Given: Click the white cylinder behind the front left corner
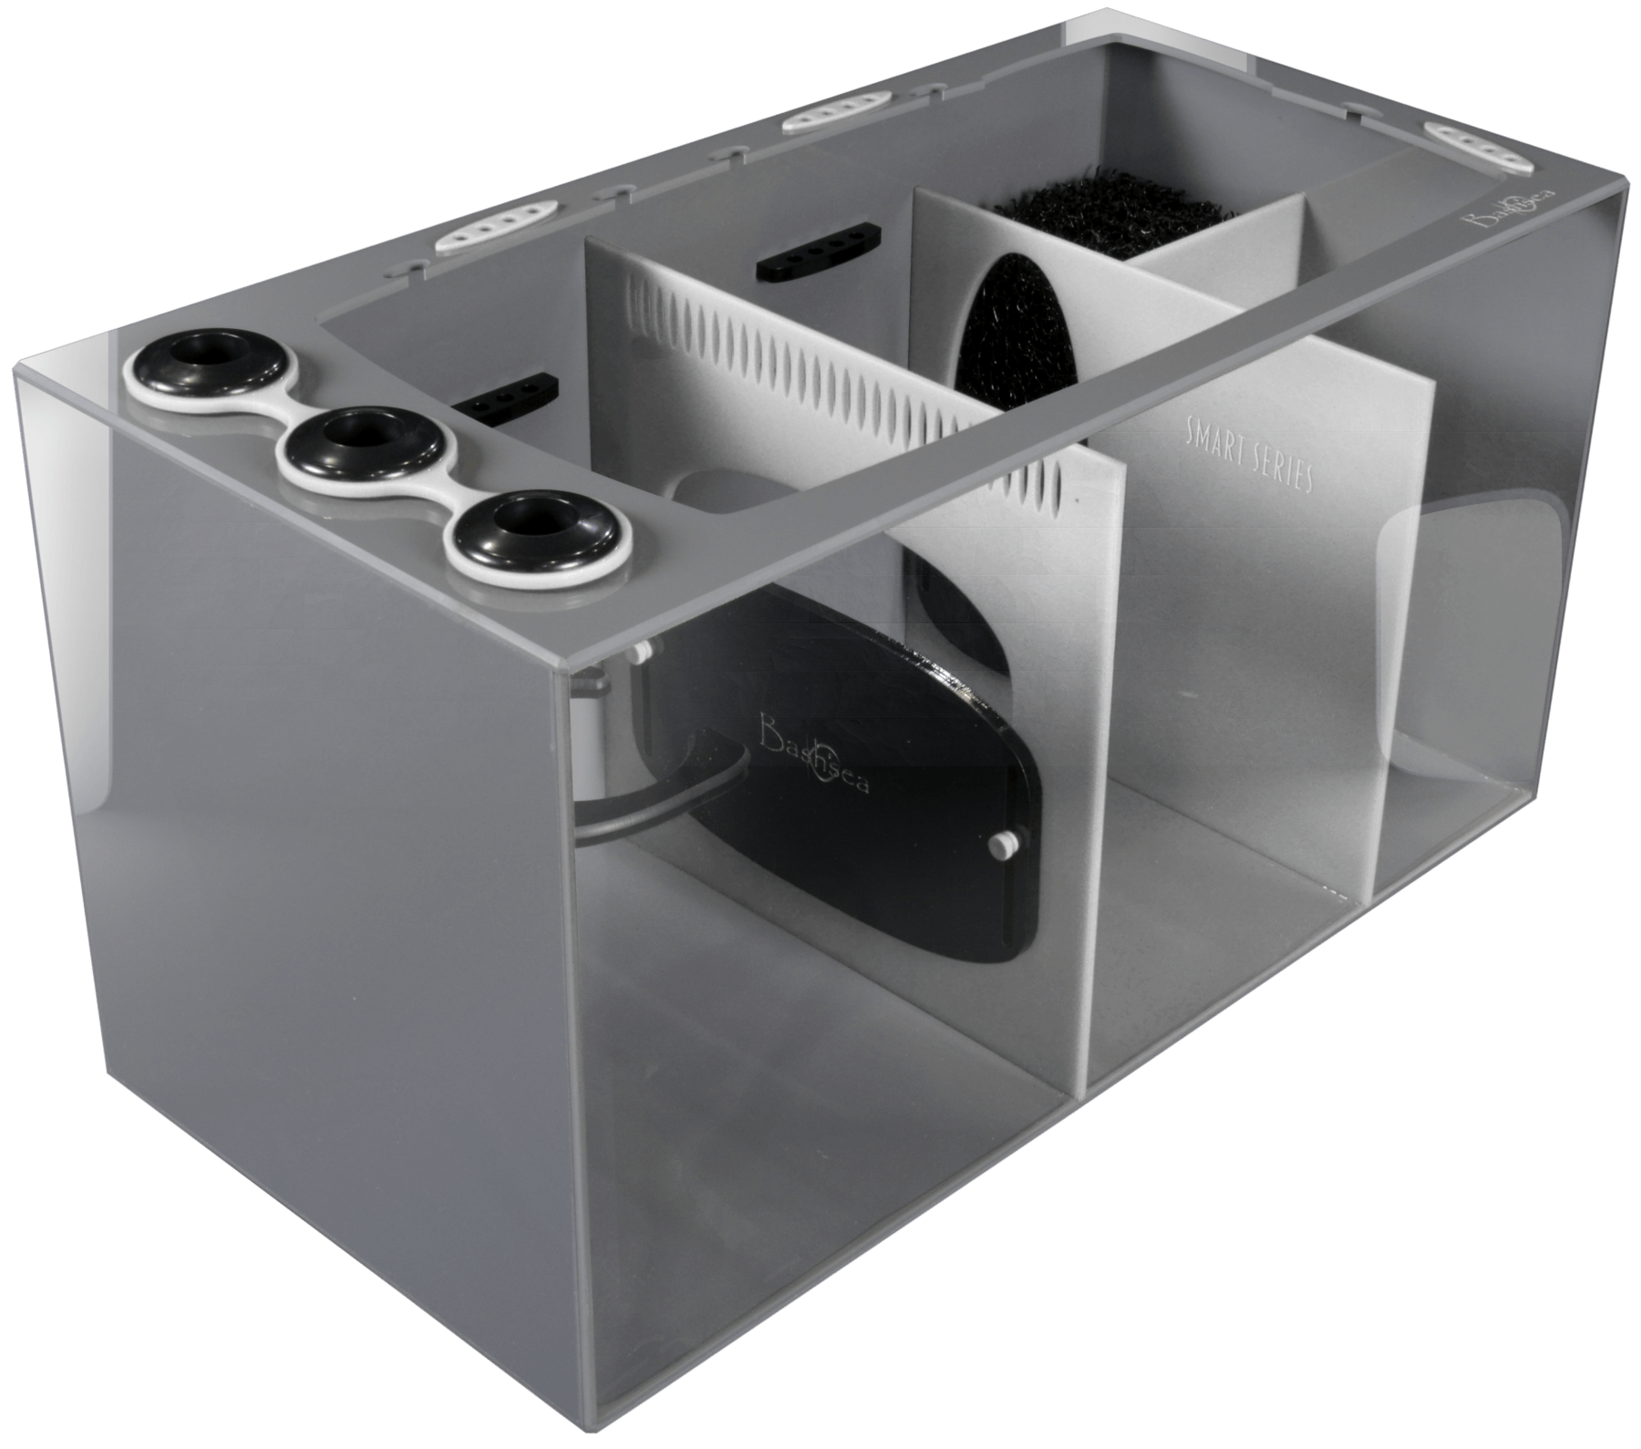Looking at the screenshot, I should coord(593,729).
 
